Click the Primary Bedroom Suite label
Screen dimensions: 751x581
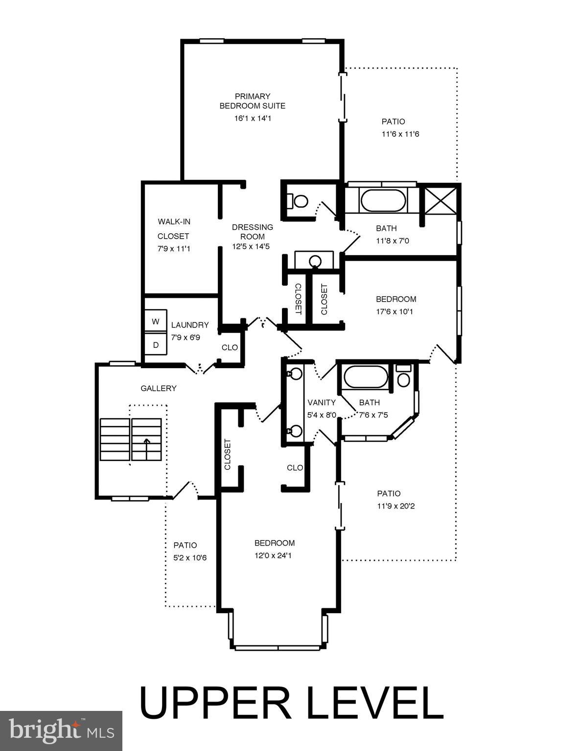252,101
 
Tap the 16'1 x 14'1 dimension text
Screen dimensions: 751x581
252,118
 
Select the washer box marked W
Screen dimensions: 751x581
156,321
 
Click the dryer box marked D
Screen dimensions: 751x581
156,345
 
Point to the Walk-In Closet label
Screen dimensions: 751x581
174,229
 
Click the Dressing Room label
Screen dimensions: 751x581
252,232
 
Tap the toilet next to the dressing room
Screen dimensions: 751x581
299,200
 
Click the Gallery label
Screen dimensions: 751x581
158,388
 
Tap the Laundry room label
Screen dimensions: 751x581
190,325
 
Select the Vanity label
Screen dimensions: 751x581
322,402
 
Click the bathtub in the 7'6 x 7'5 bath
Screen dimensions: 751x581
365,377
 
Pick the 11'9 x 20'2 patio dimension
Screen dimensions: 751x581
395,506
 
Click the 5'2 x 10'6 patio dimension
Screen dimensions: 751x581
186,557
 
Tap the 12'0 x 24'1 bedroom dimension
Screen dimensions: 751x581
274,555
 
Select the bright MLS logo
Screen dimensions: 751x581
61,730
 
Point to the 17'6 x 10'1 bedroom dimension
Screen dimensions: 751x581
395,311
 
